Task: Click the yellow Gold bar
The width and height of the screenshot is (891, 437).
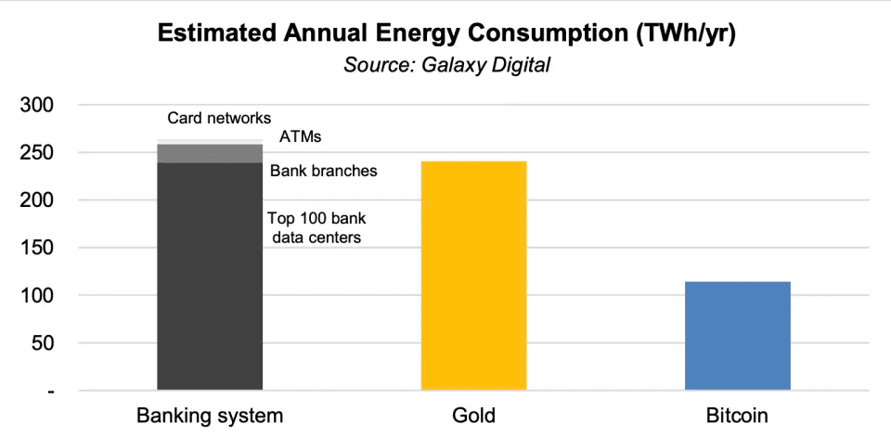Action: coord(474,276)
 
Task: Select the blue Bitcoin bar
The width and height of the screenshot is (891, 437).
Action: coord(738,335)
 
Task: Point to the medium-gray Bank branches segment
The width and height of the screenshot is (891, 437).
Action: coord(210,154)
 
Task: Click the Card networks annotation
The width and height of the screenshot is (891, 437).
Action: coord(219,118)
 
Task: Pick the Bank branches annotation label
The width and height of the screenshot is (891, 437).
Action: coord(323,171)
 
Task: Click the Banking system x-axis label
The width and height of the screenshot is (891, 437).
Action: coord(210,415)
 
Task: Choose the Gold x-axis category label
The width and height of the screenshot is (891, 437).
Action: coord(474,415)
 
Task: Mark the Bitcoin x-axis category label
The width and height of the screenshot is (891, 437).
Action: coord(738,415)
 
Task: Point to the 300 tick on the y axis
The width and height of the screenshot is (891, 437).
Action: coord(37,105)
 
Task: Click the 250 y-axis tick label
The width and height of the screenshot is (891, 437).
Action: coord(37,152)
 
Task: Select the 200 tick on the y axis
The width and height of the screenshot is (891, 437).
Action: coord(37,200)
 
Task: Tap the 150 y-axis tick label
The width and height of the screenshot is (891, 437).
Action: coord(37,248)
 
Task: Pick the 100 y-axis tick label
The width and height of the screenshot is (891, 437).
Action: coord(37,296)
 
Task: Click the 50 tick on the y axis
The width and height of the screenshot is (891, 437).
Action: coord(42,343)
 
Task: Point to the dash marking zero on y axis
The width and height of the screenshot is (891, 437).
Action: coord(51,392)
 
